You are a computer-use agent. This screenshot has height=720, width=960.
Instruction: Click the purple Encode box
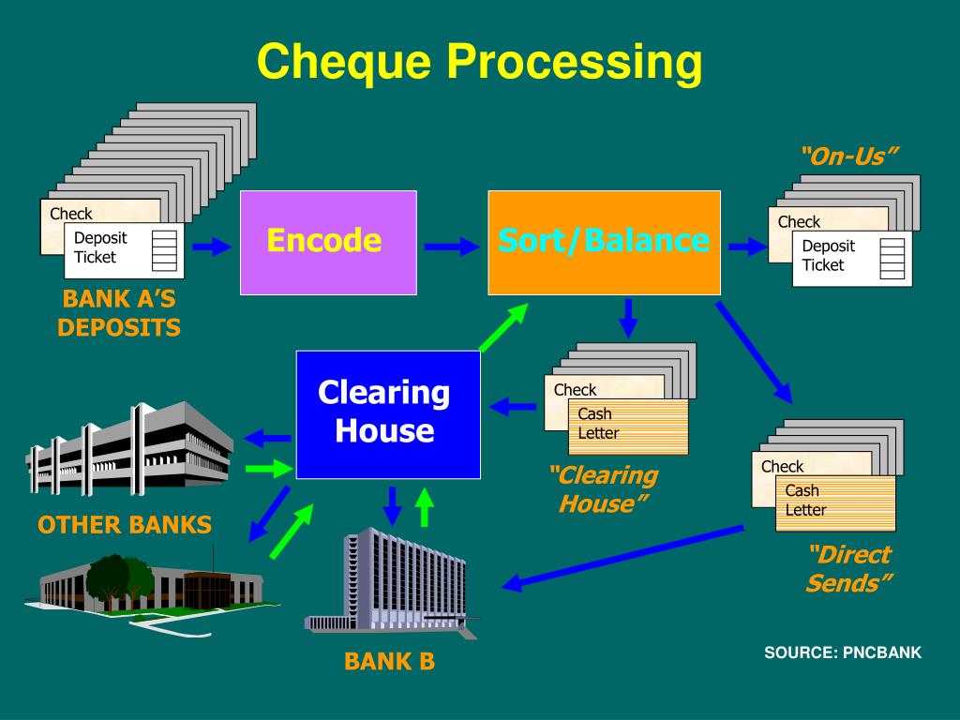pos(328,242)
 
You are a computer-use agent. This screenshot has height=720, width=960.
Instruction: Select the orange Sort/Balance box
pos(604,242)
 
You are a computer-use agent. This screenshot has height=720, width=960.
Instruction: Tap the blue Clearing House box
pos(387,413)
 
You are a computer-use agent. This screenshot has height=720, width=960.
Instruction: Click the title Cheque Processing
pos(479,62)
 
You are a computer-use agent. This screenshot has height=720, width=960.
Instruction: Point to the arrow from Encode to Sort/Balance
pos(449,247)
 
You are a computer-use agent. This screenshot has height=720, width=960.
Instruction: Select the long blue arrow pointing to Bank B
pos(622,559)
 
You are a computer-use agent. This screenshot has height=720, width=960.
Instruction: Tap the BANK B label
pos(389,662)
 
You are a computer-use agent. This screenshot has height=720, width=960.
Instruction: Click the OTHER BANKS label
pos(125,525)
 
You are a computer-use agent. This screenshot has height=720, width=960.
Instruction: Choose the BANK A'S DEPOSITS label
pos(119,314)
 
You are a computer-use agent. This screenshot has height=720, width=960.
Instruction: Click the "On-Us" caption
pos(843,156)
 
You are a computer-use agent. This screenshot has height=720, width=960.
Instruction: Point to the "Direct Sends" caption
pos(847,568)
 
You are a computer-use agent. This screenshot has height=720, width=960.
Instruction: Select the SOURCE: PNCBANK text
pos(842,652)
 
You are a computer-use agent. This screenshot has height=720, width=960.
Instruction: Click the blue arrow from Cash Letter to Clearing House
pos(513,407)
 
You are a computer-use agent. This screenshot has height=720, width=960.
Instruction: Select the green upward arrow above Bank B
pos(425,507)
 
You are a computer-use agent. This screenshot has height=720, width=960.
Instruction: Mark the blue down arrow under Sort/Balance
pos(628,318)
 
